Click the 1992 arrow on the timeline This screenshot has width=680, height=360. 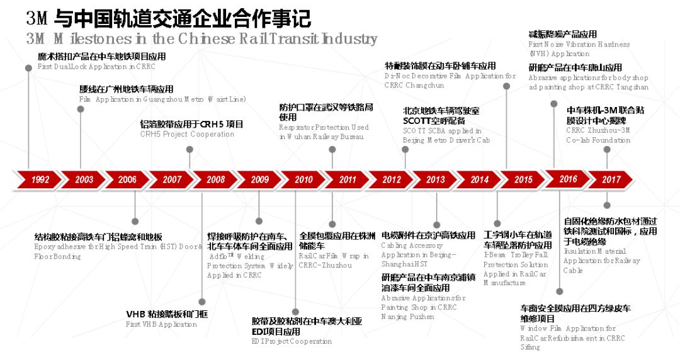(39, 179)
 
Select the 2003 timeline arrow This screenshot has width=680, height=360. (84, 179)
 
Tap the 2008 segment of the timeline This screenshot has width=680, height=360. (215, 179)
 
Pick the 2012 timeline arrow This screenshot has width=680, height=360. (391, 179)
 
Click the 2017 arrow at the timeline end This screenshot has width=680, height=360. (611, 179)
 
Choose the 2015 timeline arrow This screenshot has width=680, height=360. (523, 179)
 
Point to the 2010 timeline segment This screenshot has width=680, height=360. (303, 179)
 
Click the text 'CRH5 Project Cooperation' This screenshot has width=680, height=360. (187, 134)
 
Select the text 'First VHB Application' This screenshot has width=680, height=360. (161, 324)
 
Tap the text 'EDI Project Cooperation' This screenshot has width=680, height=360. (292, 341)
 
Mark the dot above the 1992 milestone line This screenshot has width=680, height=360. (28, 67)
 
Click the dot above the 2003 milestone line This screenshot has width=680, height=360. (80, 109)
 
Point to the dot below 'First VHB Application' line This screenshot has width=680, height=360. (201, 302)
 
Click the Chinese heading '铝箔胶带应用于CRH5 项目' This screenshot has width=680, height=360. (191, 124)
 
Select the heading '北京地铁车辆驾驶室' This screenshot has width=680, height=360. (441, 111)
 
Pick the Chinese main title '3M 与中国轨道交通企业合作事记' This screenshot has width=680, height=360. (169, 18)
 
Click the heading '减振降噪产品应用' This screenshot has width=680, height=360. (562, 34)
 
